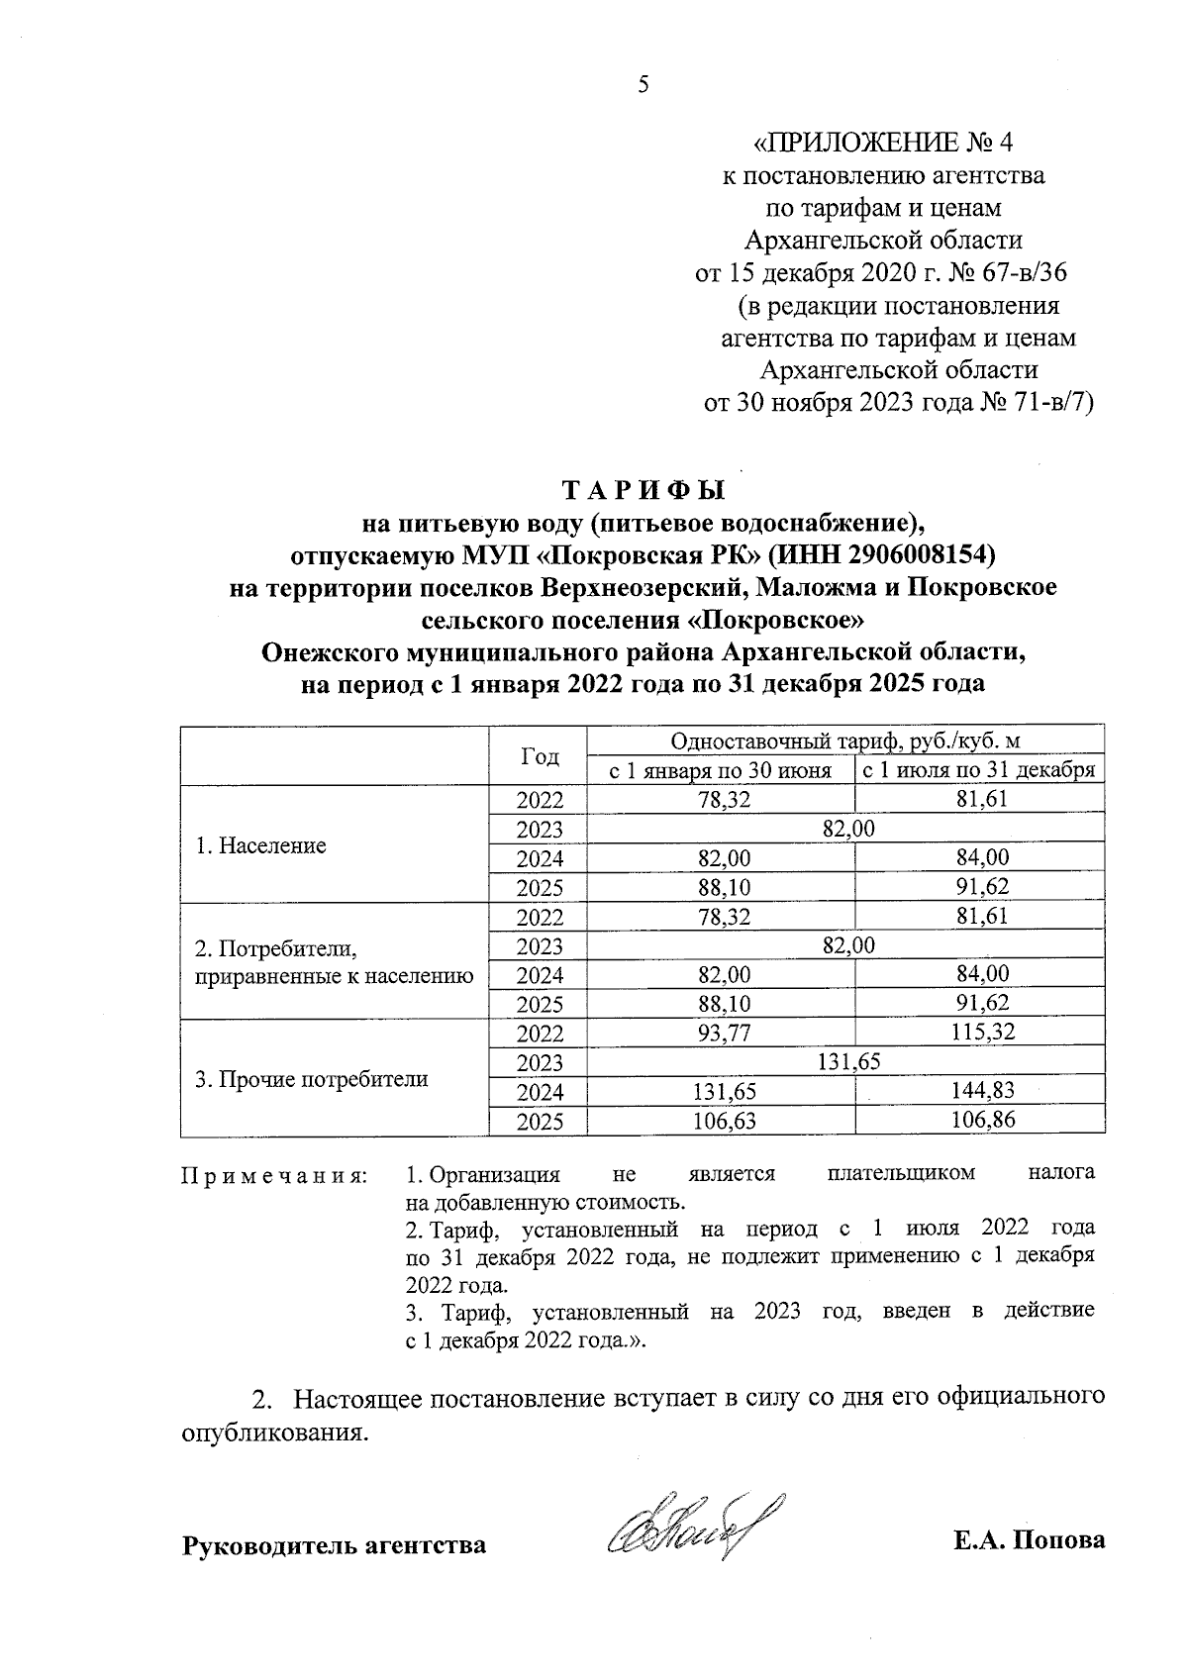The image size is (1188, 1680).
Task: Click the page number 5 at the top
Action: (643, 85)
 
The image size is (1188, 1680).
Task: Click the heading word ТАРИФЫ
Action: (644, 491)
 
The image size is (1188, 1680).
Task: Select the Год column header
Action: (539, 756)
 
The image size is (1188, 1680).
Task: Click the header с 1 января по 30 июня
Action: (720, 771)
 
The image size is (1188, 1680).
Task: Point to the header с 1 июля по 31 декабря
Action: (979, 771)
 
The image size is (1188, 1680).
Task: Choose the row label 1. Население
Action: (261, 845)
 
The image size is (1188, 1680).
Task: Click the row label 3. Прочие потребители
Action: (312, 1079)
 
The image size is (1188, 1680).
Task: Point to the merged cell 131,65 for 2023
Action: (848, 1062)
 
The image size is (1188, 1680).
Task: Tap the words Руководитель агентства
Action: (334, 1544)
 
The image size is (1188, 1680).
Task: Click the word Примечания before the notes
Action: (274, 1175)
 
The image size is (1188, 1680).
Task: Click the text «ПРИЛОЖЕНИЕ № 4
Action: (883, 145)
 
